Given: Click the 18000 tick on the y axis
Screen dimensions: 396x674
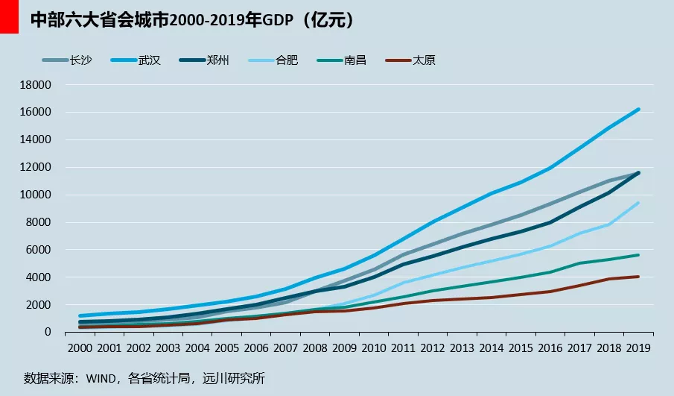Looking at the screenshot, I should pos(36,85).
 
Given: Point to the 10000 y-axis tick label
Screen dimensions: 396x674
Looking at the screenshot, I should pos(36,195).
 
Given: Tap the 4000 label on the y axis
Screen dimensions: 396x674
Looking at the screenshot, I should pos(39,277).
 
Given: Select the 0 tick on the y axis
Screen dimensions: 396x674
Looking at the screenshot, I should pos(47,333).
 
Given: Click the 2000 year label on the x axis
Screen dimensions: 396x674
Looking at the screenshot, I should pos(79,348).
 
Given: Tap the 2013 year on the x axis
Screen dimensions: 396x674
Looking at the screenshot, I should pos(462,348).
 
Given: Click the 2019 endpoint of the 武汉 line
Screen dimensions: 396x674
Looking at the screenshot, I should pos(639,109).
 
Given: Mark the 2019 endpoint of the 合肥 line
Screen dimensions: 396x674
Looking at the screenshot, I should pos(639,203).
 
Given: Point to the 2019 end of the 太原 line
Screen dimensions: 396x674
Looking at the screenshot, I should pos(639,277).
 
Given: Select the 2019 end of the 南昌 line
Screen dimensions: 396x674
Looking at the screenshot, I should pos(639,255).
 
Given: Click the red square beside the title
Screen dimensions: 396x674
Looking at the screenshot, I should pos(9,16).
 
